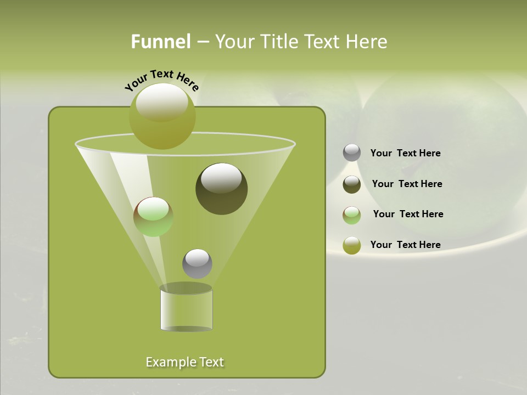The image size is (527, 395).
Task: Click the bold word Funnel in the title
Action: (x=160, y=42)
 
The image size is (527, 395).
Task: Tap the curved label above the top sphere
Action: (x=161, y=80)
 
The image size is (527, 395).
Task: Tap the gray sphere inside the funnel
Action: (x=197, y=264)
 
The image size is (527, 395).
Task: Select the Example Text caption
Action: (x=184, y=362)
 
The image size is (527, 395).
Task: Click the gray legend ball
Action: (x=352, y=153)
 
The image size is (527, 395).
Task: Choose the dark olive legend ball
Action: (x=352, y=184)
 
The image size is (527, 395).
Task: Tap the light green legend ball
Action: (x=352, y=215)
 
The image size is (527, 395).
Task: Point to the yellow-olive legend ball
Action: (x=352, y=245)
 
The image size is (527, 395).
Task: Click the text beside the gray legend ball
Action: (x=405, y=154)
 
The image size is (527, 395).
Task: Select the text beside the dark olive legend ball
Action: (x=407, y=184)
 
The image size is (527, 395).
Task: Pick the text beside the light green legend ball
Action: (x=408, y=214)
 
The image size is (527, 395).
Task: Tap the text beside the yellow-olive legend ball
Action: (x=405, y=245)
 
